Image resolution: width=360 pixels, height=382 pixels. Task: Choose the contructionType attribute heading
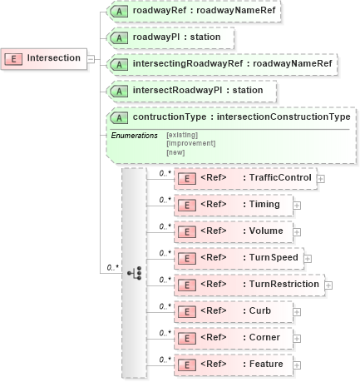point(241,117)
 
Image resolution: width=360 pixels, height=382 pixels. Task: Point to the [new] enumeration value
point(176,152)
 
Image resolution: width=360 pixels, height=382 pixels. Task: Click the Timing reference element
point(232,205)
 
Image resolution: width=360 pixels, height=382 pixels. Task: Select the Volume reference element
point(234,231)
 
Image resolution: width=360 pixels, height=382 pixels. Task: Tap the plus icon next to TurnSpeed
point(308,259)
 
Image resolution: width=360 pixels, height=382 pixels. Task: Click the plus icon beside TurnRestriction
point(328,285)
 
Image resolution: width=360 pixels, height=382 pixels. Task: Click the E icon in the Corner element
point(188,338)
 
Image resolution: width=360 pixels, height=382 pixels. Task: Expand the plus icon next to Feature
point(296,365)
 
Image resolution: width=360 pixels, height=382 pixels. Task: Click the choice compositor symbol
point(136,272)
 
